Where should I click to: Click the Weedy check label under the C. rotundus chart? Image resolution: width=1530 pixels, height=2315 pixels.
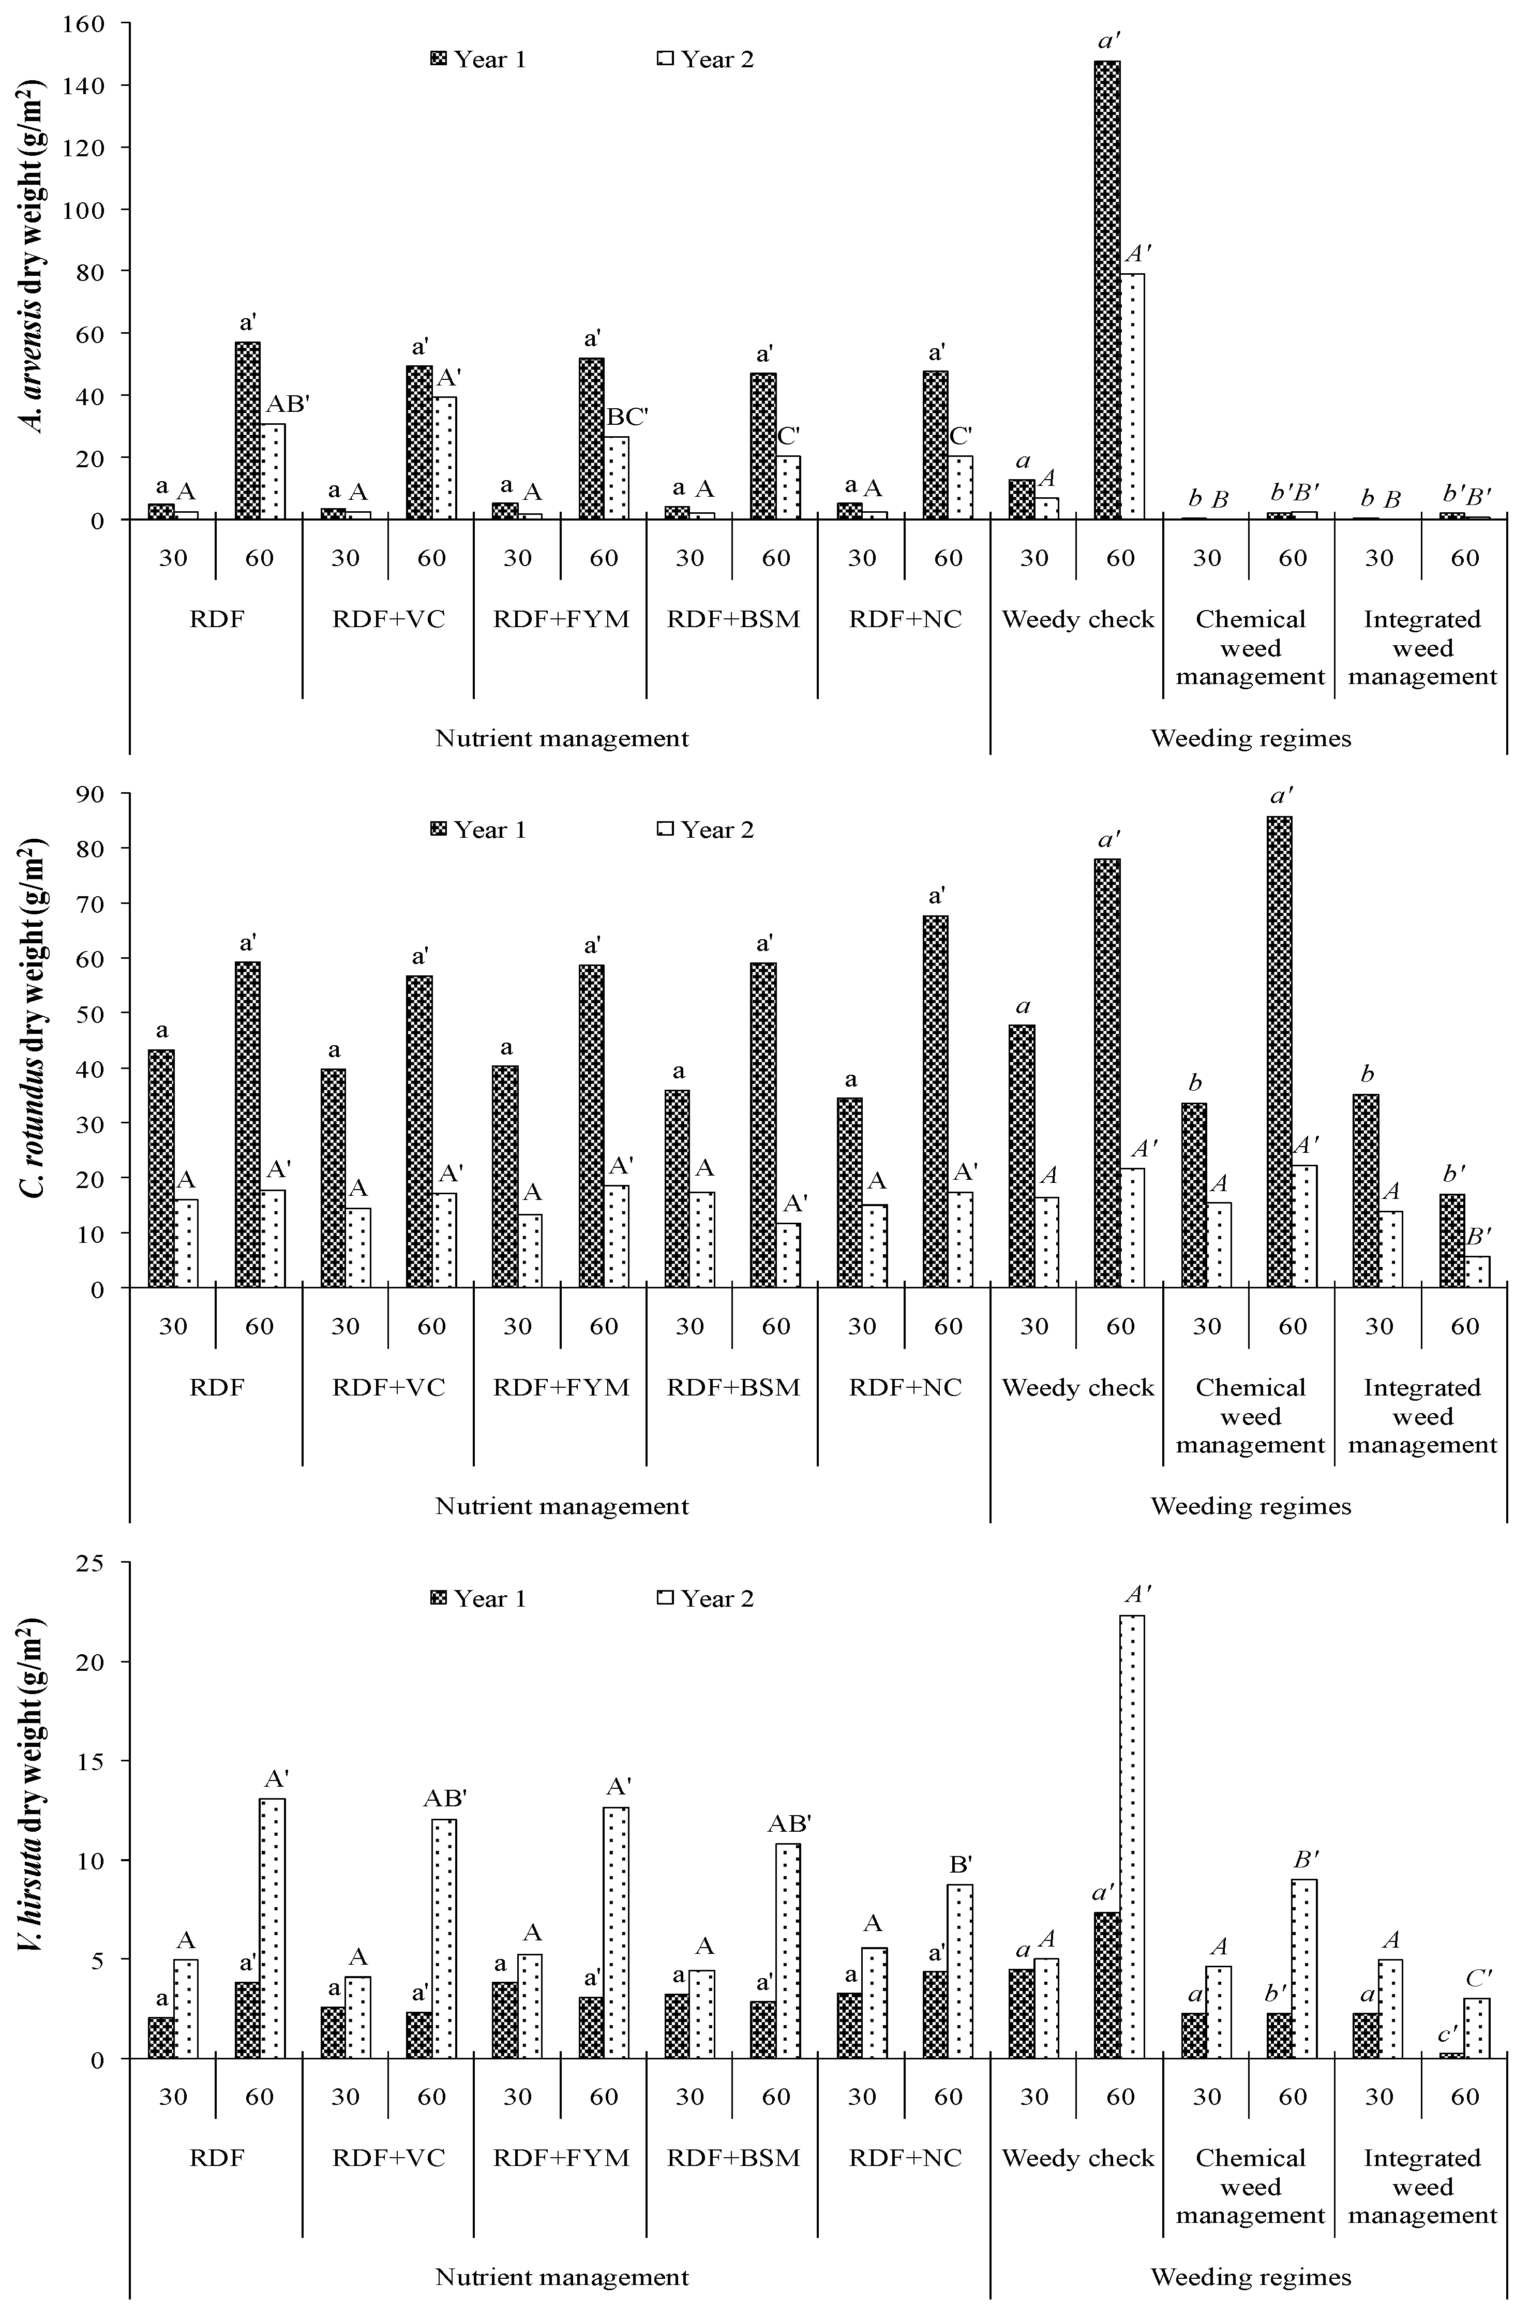tap(1077, 1388)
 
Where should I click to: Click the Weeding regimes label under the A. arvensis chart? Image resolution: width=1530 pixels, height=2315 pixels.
tap(1250, 738)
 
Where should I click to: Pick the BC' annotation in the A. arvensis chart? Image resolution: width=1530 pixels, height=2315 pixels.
tap(627, 418)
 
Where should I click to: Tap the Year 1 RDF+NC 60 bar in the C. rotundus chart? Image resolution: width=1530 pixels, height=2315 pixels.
tap(935, 1101)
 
